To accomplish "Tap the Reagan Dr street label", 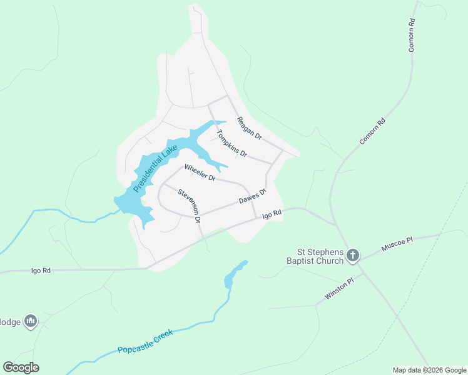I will coord(249,127).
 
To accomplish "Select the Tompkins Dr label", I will coord(232,143).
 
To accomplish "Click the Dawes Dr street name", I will coord(253,196).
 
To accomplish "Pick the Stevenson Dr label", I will coord(188,206).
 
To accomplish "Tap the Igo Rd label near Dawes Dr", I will coord(272,214).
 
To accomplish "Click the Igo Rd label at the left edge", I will coord(41,271).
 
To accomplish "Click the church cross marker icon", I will coord(353,255).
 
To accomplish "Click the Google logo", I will coord(21,367).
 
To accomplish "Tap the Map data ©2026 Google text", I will coord(429,370).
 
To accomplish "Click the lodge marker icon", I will coord(30,322).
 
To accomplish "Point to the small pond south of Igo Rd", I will coord(233,274).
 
